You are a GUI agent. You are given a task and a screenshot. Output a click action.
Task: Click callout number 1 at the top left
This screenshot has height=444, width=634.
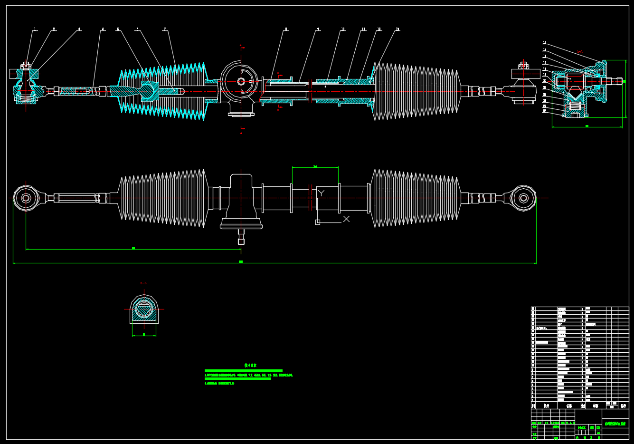[x=35, y=29]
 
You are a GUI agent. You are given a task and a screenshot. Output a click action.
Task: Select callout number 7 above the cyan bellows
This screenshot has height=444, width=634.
[x=165, y=29]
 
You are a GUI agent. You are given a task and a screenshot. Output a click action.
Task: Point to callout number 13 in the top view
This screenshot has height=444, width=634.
[x=397, y=29]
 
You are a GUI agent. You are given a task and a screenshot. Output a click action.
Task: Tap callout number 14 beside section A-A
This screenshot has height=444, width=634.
[x=544, y=43]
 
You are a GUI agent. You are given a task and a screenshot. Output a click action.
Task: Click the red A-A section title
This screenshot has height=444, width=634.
[x=579, y=51]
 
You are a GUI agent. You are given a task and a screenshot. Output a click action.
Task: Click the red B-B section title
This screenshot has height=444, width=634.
[x=143, y=283]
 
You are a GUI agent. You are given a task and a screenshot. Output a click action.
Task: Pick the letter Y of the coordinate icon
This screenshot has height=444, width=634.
[x=322, y=193]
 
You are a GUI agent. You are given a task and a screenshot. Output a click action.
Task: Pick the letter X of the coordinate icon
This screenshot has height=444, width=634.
[x=346, y=219]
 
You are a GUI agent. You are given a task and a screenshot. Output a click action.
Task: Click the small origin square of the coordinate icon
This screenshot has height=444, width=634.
[x=318, y=222]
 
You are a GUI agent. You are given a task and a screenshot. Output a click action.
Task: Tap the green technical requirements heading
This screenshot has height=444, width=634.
[x=251, y=365]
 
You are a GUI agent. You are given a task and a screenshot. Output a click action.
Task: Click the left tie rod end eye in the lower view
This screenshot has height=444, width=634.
[x=26, y=198]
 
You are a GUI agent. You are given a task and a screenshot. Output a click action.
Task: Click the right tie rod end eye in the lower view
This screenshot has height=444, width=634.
[x=523, y=198]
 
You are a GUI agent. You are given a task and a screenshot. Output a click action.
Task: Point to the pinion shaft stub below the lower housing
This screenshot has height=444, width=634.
[x=241, y=236]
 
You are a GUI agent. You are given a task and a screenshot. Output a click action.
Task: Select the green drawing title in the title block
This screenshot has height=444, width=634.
[x=615, y=423]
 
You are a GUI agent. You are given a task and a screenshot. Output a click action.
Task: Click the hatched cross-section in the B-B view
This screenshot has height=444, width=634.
[x=143, y=310]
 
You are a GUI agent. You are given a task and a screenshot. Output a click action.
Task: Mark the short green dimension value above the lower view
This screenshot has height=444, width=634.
[x=315, y=166]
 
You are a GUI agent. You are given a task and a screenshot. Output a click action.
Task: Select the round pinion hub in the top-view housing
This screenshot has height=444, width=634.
[x=241, y=81]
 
